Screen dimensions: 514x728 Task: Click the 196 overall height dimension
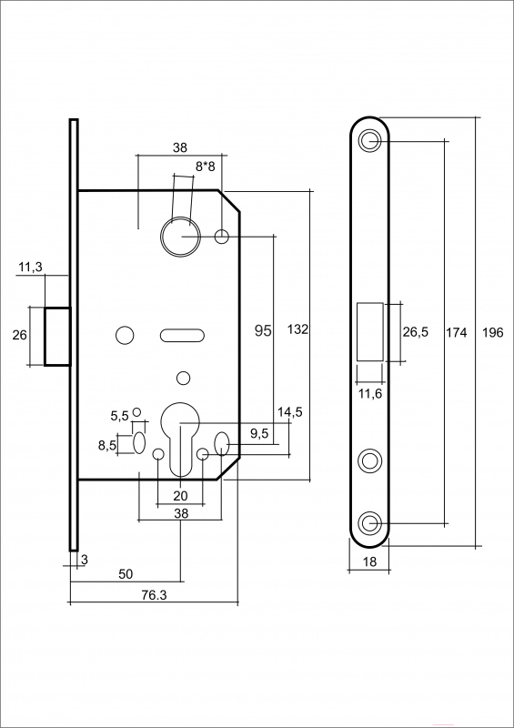point(493,332)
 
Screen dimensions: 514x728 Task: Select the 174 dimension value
point(457,332)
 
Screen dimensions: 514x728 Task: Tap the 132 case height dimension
point(297,329)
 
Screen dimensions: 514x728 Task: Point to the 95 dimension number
point(263,330)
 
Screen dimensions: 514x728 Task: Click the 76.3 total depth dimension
point(154,595)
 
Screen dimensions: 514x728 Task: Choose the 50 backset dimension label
point(126,574)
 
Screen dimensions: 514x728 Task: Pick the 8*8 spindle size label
point(206,167)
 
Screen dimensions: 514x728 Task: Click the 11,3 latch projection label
point(30,267)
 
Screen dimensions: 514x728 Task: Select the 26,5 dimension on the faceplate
point(416,332)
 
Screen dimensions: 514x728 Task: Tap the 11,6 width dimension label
point(370,394)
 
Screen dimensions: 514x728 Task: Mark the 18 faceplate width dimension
point(369,561)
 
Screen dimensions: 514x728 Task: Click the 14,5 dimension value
point(290,412)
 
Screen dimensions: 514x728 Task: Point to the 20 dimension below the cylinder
point(180,496)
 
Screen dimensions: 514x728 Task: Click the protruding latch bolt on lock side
point(57,337)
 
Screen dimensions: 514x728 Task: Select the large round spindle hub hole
point(181,237)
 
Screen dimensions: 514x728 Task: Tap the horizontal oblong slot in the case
point(182,335)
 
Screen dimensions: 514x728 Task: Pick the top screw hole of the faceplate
point(369,139)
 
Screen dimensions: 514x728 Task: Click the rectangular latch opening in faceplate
point(370,331)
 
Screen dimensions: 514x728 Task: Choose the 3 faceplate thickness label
point(84,560)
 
